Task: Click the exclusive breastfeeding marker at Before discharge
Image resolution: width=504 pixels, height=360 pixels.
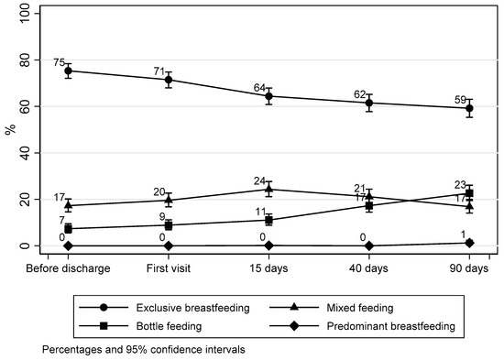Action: [x=69, y=71]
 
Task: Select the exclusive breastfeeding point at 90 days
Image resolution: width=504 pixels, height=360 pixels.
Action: [x=469, y=108]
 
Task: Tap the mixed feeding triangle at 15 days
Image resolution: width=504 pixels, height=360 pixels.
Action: [x=268, y=190]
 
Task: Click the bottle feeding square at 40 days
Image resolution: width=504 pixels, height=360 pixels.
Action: [x=369, y=206]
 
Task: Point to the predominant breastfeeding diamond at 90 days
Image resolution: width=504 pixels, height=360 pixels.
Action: [x=469, y=243]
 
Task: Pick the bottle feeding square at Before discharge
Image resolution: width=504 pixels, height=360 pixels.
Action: [x=69, y=229]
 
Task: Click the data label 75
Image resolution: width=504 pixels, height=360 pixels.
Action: [x=59, y=62]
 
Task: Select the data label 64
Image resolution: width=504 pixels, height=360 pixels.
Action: [x=259, y=88]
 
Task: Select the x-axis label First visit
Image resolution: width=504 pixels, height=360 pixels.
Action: [x=169, y=267]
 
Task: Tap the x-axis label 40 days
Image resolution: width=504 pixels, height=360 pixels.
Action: [x=369, y=267]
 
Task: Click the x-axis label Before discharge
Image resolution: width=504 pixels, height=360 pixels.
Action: [x=69, y=267]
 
